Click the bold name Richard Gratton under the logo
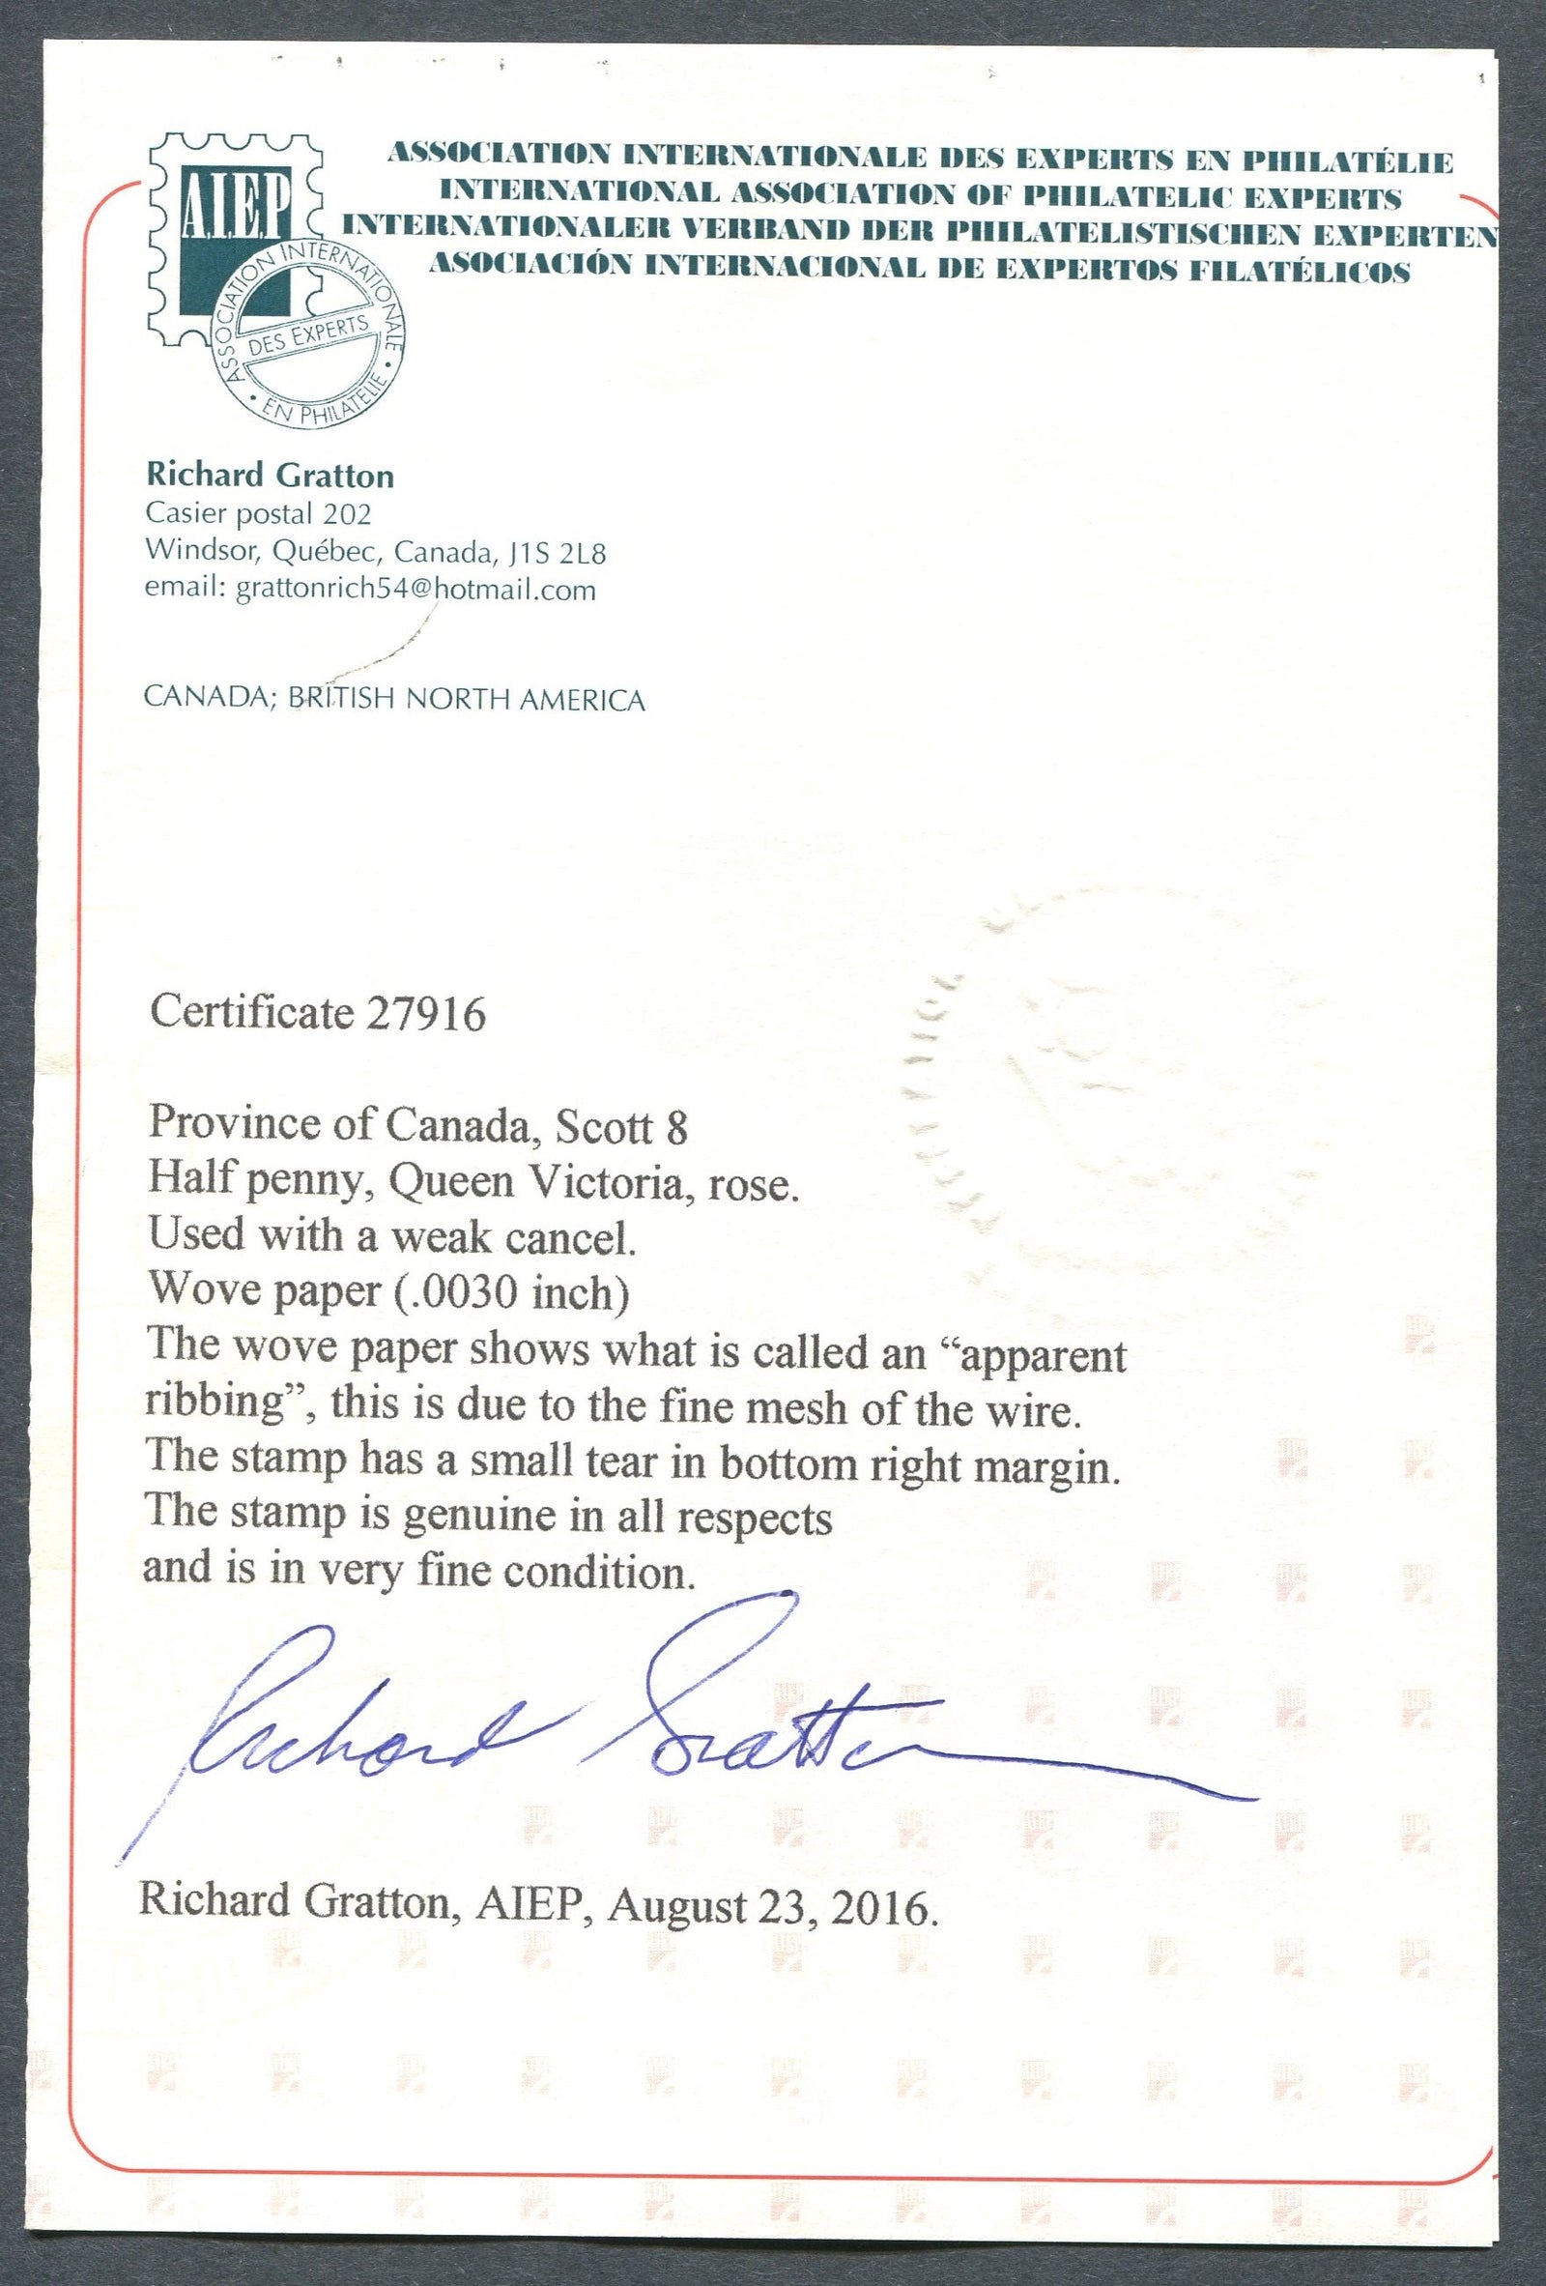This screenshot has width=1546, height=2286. coord(270,477)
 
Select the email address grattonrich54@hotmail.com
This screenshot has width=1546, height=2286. coord(412,591)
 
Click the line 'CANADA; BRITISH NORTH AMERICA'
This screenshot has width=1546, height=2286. coord(394,700)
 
